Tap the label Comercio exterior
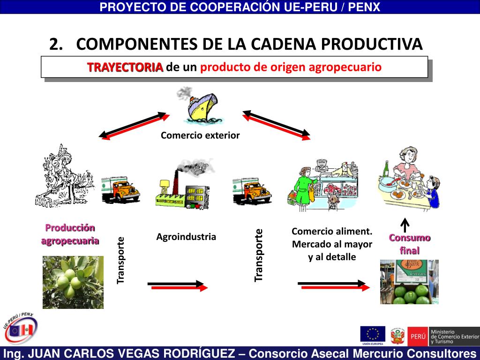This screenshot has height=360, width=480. (200, 135)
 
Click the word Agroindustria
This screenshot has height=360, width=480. (186, 237)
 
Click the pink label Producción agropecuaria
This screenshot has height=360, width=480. (70, 234)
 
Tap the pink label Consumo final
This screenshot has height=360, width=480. (409, 244)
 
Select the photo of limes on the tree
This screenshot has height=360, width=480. (73, 282)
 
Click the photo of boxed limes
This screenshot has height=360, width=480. (409, 282)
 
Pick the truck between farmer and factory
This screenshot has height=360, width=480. (120, 189)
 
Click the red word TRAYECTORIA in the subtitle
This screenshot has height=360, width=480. (125, 67)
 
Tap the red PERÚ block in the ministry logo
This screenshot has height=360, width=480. (417, 336)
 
